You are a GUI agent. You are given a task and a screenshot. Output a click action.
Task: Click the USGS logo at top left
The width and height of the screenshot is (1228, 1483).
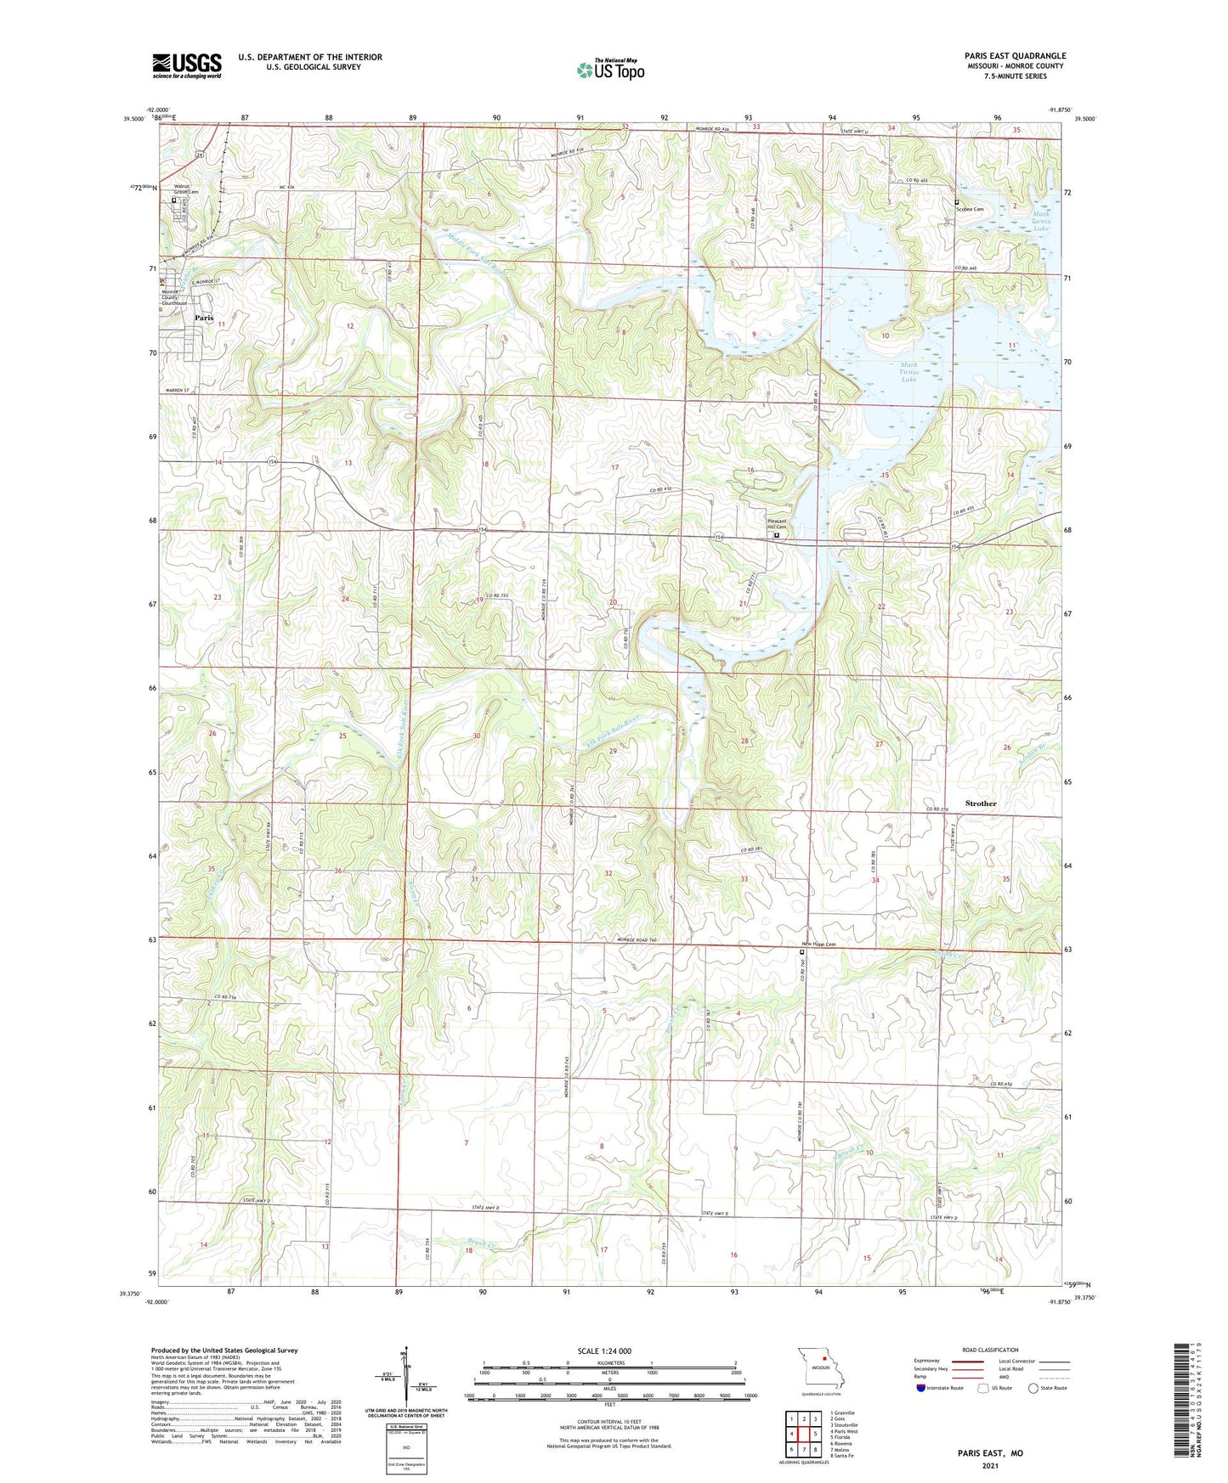186,65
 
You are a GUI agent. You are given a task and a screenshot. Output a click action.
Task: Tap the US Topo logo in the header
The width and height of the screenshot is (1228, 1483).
610,70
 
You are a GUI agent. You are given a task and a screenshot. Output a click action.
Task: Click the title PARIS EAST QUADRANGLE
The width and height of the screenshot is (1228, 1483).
1009,56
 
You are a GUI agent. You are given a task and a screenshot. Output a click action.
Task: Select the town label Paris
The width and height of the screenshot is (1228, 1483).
204,318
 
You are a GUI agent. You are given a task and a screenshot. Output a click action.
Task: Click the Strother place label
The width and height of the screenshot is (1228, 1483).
980,803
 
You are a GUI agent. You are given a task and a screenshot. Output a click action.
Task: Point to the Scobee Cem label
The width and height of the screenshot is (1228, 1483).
969,209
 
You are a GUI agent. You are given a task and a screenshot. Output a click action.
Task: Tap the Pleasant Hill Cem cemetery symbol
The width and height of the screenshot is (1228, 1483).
776,536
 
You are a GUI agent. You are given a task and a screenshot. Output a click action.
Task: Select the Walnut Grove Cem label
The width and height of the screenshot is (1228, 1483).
186,189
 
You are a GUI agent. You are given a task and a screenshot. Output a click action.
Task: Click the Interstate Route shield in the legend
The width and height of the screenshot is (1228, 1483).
922,1388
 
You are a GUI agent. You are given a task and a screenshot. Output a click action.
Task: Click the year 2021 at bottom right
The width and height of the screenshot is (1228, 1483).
988,1465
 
